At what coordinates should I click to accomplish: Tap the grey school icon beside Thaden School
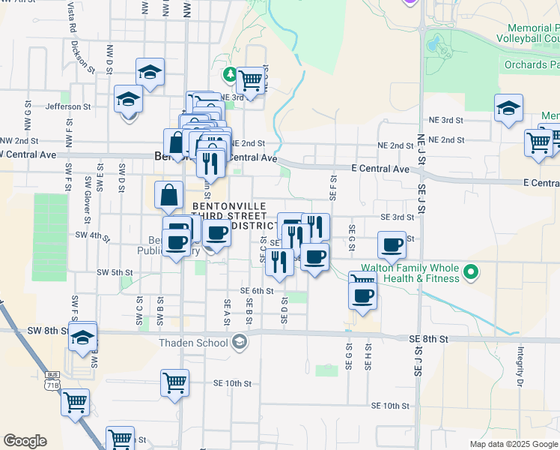click(239, 343)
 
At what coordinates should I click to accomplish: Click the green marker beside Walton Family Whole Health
click(471, 271)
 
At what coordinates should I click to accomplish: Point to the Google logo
click(25, 441)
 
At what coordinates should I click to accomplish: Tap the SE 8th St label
click(428, 339)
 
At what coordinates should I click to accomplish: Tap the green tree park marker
click(230, 73)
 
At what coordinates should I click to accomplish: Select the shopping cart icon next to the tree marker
click(250, 79)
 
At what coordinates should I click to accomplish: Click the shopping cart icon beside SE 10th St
click(174, 382)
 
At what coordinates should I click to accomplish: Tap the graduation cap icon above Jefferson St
click(150, 73)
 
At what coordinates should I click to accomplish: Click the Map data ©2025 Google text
click(513, 444)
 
